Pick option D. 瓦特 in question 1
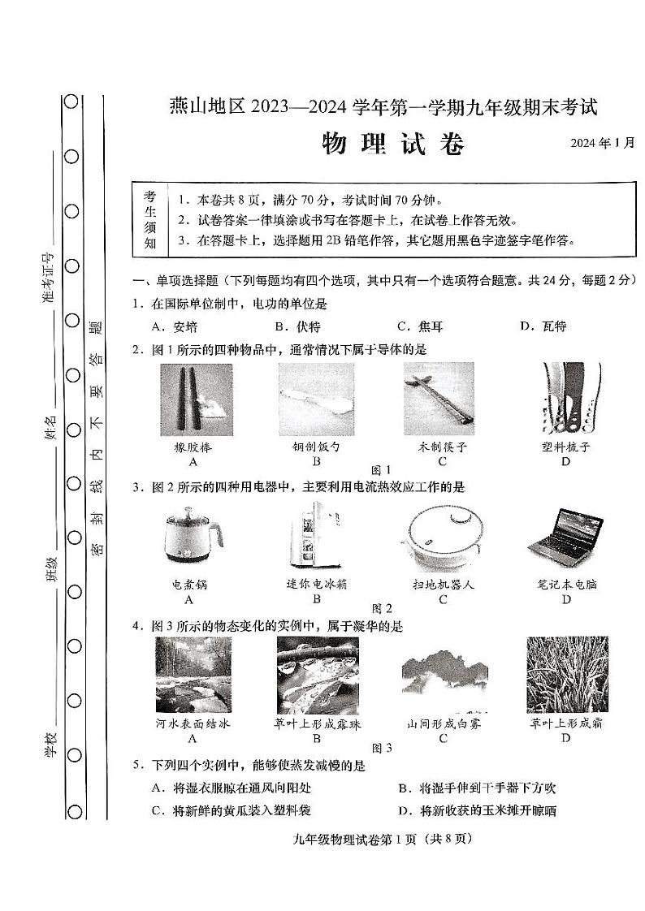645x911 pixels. click(543, 326)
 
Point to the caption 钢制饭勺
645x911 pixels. click(316, 447)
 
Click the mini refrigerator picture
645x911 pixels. click(316, 536)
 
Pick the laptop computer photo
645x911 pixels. click(565, 536)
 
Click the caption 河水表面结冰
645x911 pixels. click(193, 723)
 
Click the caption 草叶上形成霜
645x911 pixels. click(565, 723)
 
